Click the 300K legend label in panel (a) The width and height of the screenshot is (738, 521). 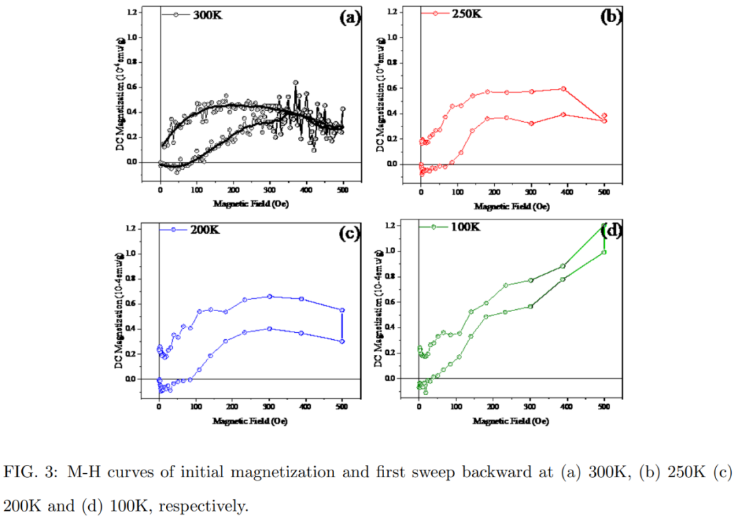(202, 14)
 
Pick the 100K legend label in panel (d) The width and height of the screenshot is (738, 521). (464, 226)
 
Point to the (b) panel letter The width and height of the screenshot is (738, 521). (610, 17)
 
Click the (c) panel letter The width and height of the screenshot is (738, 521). (349, 234)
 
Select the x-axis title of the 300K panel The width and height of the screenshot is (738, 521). (250, 203)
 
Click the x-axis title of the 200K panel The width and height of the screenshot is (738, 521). (250, 421)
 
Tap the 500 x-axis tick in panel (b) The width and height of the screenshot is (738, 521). (603, 194)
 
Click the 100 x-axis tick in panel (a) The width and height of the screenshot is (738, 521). (197, 192)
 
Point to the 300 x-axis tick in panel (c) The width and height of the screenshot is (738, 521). (269, 409)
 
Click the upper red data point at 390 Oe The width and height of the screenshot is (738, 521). (564, 89)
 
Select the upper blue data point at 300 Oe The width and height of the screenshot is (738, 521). (270, 297)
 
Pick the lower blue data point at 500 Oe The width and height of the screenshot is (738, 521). (342, 341)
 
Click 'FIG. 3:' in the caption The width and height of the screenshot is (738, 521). (30, 472)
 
